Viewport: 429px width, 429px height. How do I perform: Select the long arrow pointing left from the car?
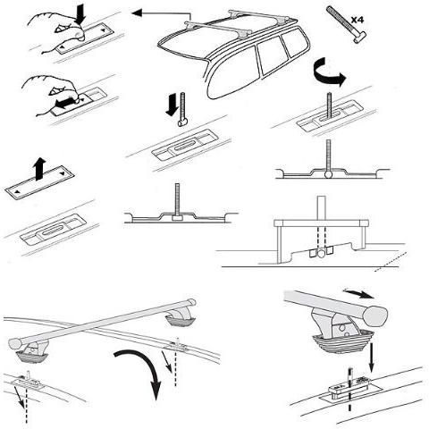point(156,13)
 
